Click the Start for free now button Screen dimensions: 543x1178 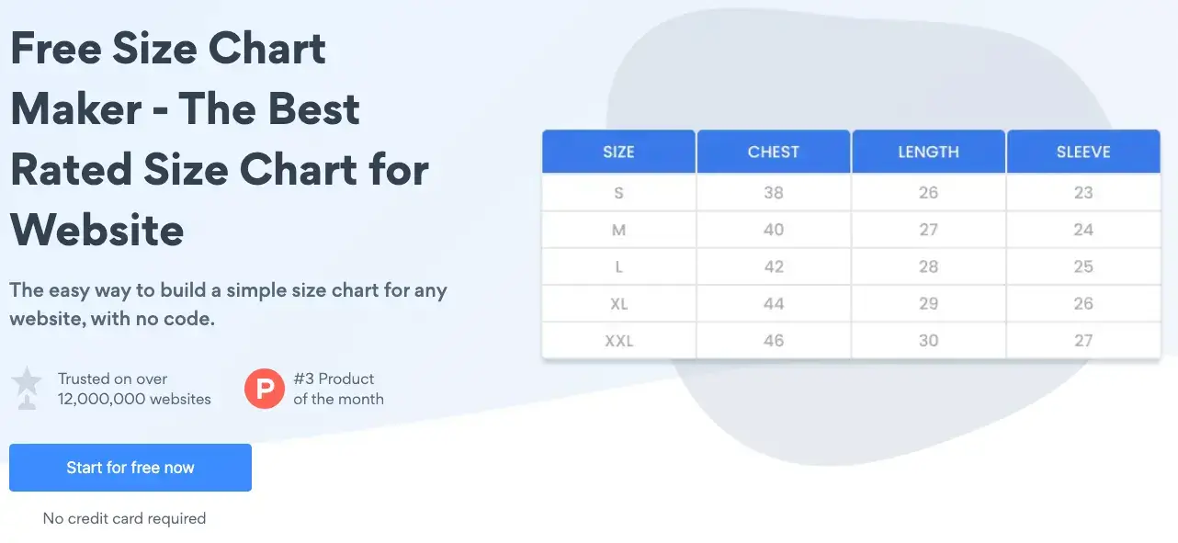[x=130, y=468]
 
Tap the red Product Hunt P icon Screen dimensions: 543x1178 [x=264, y=389]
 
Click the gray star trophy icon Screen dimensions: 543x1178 [x=27, y=387]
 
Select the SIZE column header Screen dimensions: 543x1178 [x=618, y=152]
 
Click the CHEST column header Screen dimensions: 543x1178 [x=773, y=152]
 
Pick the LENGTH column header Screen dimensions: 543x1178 [x=928, y=152]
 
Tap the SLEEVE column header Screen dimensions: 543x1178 [x=1082, y=152]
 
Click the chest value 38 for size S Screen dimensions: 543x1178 [x=773, y=193]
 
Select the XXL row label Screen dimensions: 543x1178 [x=618, y=341]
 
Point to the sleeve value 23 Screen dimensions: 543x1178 [x=1082, y=193]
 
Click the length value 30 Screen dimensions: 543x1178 [x=928, y=341]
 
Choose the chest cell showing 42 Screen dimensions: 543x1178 [x=773, y=266]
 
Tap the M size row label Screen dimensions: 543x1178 [x=618, y=230]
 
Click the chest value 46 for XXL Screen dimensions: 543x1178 [x=773, y=341]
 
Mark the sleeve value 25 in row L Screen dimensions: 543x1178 [x=1082, y=266]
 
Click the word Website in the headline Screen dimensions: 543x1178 [x=96, y=230]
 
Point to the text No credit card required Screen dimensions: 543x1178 [x=124, y=519]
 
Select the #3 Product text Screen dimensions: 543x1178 [x=334, y=379]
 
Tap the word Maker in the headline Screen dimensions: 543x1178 [x=75, y=108]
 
